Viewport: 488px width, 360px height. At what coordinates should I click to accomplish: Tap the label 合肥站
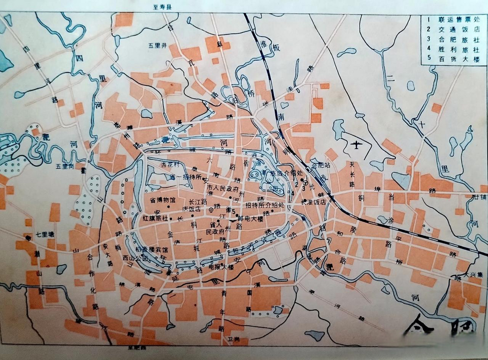pyautogui.click(x=320, y=165)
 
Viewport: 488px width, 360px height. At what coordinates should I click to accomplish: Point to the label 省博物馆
pyautogui.click(x=162, y=200)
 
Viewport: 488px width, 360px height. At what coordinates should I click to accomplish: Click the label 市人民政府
pyautogui.click(x=223, y=188)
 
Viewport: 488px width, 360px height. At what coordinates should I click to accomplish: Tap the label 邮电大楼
pyautogui.click(x=250, y=219)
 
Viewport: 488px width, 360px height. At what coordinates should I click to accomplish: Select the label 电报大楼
pyautogui.click(x=221, y=267)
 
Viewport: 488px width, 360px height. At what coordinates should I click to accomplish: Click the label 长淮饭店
pyautogui.click(x=313, y=202)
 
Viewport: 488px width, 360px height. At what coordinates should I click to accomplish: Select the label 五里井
pyautogui.click(x=158, y=45)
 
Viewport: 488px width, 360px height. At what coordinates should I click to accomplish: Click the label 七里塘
pyautogui.click(x=45, y=234)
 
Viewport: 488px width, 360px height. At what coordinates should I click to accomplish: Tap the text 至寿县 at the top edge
pyautogui.click(x=162, y=7)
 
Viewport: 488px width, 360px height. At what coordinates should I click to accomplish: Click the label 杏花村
pyautogui.click(x=170, y=164)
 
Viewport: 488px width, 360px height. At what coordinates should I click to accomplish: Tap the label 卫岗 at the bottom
pyautogui.click(x=234, y=339)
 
